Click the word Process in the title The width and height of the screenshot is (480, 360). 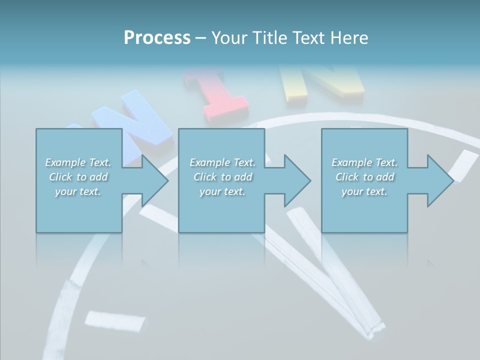[x=157, y=38]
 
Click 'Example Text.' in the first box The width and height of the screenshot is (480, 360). [x=78, y=162]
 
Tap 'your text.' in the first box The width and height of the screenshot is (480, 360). [x=78, y=191]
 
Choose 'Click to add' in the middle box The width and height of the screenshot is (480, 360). [x=222, y=177]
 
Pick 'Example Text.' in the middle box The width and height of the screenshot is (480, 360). [x=222, y=162]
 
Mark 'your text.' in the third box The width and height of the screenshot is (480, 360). [x=364, y=191]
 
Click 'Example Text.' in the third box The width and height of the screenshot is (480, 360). [x=364, y=162]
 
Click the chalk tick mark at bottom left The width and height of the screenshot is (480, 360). [x=115, y=320]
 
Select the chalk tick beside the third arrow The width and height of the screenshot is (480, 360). [x=463, y=164]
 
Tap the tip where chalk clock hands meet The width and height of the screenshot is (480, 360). [x=372, y=332]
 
